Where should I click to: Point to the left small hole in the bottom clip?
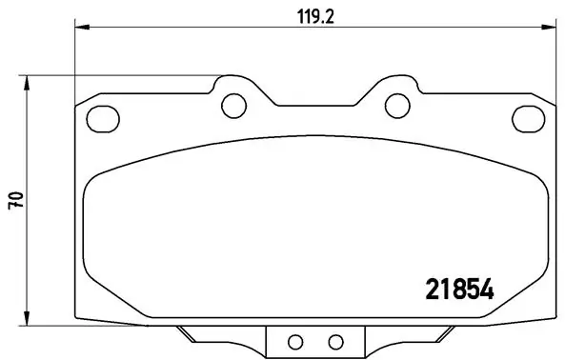click(294, 341)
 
